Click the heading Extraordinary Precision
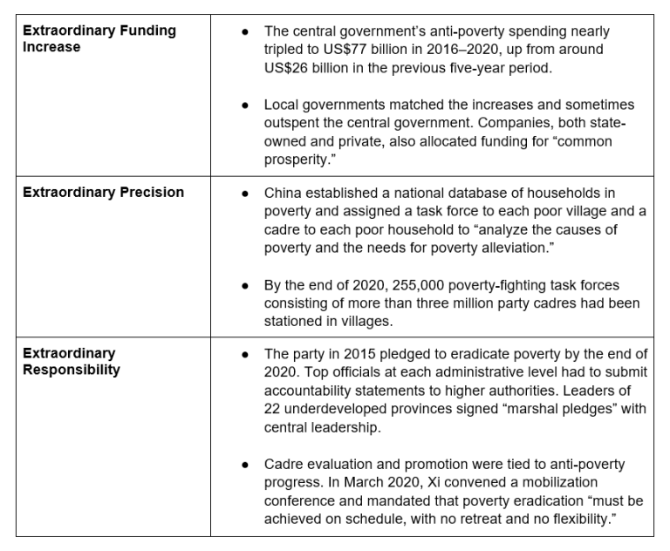click(103, 192)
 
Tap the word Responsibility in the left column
click(72, 369)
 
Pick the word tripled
click(285, 50)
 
